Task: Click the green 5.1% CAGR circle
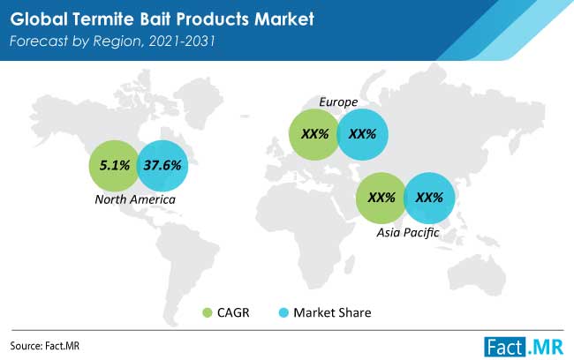(x=114, y=166)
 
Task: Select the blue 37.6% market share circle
(x=162, y=166)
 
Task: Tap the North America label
(x=135, y=199)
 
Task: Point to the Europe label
(x=338, y=102)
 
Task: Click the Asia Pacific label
(x=408, y=232)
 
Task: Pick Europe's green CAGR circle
(x=314, y=134)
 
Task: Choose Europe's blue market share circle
(x=362, y=134)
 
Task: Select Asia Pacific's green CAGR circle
(x=381, y=198)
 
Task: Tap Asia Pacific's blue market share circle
(x=429, y=198)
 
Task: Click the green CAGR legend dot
(x=208, y=313)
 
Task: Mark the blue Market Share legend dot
(x=283, y=313)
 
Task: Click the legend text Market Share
(x=332, y=313)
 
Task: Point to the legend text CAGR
(x=233, y=313)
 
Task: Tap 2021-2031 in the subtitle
(x=182, y=41)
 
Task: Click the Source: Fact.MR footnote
(x=45, y=346)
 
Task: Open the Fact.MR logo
(x=524, y=347)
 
